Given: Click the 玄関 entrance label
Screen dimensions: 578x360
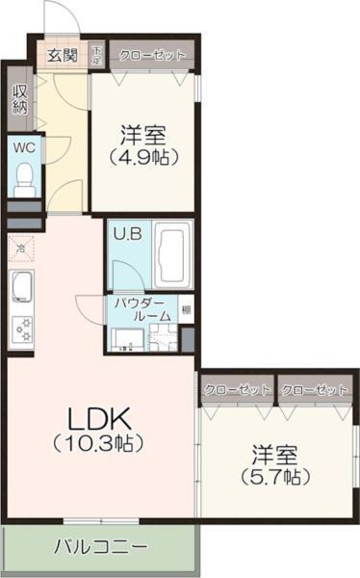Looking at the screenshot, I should (x=64, y=54).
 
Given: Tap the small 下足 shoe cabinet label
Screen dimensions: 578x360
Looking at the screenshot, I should (x=97, y=54).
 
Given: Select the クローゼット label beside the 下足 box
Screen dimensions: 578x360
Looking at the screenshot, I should (x=152, y=55).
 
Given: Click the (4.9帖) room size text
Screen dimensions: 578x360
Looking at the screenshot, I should (x=144, y=158).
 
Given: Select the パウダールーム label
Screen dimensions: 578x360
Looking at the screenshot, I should (x=142, y=309).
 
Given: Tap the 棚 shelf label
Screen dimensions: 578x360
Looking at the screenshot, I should (x=185, y=311).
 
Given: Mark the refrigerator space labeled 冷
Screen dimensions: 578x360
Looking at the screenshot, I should (x=19, y=250).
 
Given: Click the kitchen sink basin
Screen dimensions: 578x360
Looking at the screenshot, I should (x=22, y=286).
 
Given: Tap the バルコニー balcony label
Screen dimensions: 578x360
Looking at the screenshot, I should (x=101, y=546).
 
